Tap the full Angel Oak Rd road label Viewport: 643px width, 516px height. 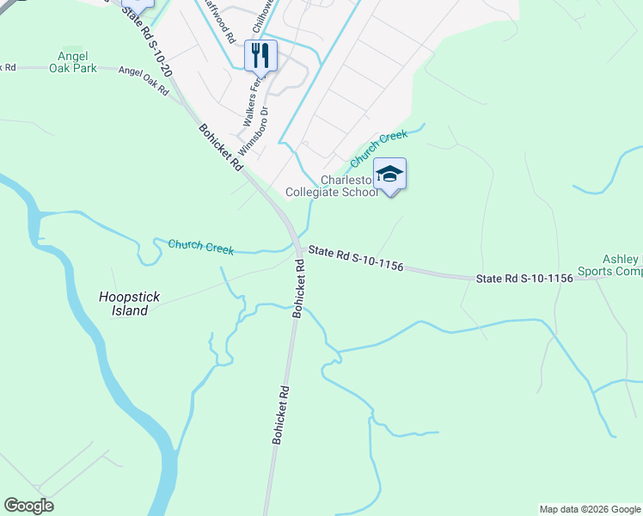[x=144, y=82]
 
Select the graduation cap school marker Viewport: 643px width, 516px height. [x=389, y=175]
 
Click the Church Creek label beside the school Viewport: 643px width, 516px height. [x=378, y=148]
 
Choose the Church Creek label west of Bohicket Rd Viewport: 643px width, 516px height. [x=201, y=247]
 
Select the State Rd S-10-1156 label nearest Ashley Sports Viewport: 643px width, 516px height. [x=524, y=279]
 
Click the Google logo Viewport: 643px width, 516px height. [x=28, y=506]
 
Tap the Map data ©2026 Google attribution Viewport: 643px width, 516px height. [x=589, y=509]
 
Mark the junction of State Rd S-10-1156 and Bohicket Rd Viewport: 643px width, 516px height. [x=297, y=247]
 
